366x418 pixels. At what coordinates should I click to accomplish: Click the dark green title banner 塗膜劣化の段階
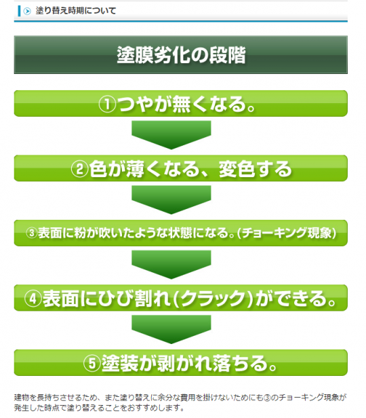pyautogui.click(x=181, y=55)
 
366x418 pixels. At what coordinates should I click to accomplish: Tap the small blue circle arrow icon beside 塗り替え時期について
pyautogui.click(x=27, y=11)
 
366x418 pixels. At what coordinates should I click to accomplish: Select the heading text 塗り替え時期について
pyautogui.click(x=76, y=11)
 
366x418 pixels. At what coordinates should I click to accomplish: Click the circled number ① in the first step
pyautogui.click(x=107, y=104)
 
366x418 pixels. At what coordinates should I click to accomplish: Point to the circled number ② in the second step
pyautogui.click(x=79, y=169)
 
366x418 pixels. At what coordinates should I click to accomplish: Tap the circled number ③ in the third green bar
pyautogui.click(x=31, y=233)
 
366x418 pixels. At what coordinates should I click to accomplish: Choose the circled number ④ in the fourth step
pyautogui.click(x=33, y=299)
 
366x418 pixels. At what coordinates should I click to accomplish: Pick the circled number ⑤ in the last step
pyautogui.click(x=91, y=363)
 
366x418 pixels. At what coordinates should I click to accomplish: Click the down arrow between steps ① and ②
pyautogui.click(x=171, y=135)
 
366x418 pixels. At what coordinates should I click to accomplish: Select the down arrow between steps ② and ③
pyautogui.click(x=171, y=199)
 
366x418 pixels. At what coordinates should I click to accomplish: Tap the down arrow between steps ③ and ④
pyautogui.click(x=171, y=265)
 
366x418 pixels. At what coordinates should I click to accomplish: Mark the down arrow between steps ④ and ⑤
pyautogui.click(x=171, y=329)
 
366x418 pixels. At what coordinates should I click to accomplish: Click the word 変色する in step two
pyautogui.click(x=256, y=169)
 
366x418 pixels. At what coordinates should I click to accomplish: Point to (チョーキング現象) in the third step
pyautogui.click(x=286, y=233)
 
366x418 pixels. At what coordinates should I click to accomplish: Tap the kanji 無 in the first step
pyautogui.click(x=181, y=104)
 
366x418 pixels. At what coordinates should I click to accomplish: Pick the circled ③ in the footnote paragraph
pyautogui.click(x=267, y=398)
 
